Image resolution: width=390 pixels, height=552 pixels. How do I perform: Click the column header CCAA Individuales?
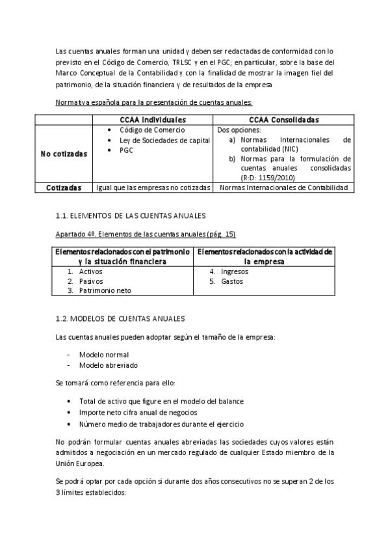click(153, 120)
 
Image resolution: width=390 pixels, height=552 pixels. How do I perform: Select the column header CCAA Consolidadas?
click(283, 120)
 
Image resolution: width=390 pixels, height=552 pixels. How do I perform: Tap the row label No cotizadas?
click(64, 154)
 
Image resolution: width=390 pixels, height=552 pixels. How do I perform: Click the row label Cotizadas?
click(64, 187)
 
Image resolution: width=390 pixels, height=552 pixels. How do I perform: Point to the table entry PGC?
click(126, 150)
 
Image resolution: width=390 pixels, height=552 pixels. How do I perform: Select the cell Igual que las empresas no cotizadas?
click(153, 187)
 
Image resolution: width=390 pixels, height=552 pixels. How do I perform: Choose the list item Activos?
click(91, 271)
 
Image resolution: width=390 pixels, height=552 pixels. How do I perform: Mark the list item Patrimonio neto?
click(105, 290)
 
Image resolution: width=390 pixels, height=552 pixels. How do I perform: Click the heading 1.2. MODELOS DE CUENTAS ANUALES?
click(120, 318)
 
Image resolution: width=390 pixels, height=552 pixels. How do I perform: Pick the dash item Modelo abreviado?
click(108, 365)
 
